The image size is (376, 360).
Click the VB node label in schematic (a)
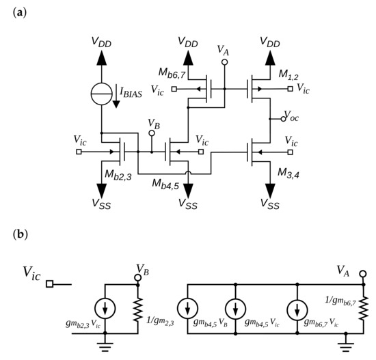(x=154, y=122)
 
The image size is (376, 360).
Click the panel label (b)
(x=21, y=234)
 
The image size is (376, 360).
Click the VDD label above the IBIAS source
(x=101, y=42)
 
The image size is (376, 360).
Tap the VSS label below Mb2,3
(x=100, y=203)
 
